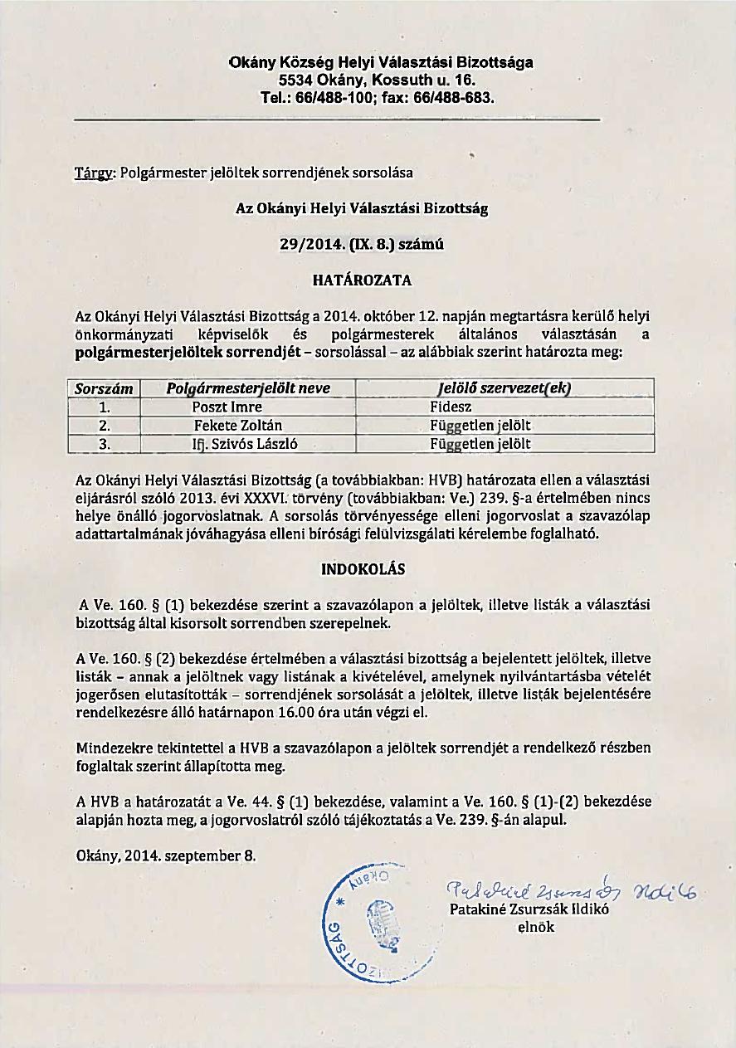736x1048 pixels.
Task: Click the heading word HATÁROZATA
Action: (362, 280)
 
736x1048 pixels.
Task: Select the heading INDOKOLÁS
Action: (362, 571)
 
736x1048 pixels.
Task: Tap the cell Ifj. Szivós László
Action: (240, 444)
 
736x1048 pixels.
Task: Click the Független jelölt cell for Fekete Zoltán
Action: (480, 426)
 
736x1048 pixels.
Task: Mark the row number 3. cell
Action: (105, 444)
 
